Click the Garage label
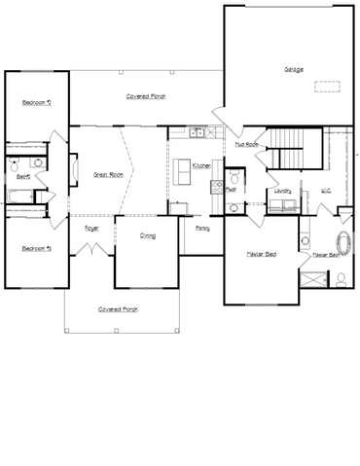(x=293, y=69)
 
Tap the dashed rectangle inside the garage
(x=329, y=85)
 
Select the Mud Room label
(x=246, y=144)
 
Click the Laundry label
(x=284, y=191)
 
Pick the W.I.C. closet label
(x=327, y=191)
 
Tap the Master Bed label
(x=261, y=254)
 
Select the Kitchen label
(x=201, y=166)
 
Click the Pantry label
(x=202, y=228)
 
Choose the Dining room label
(x=148, y=235)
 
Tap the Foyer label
(x=91, y=228)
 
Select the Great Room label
(x=107, y=174)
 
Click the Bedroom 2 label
(x=35, y=102)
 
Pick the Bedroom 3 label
(x=35, y=248)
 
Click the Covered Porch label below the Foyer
(x=119, y=308)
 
